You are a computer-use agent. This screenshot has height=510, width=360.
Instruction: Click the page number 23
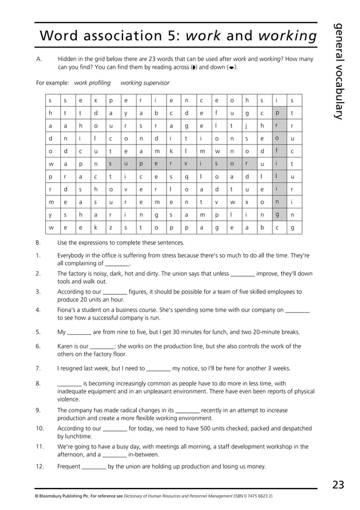pyautogui.click(x=338, y=484)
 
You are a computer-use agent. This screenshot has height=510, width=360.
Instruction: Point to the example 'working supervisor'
pyautogui.click(x=145, y=83)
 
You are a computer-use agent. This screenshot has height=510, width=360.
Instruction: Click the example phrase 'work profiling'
pyautogui.click(x=93, y=83)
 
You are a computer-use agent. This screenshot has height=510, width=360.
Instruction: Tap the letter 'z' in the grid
pyautogui.click(x=111, y=227)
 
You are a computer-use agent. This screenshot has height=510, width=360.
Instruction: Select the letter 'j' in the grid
pyautogui.click(x=247, y=126)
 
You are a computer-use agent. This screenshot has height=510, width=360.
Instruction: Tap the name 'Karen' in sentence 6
pyautogui.click(x=66, y=346)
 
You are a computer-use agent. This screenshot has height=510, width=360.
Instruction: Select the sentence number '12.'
pyautogui.click(x=39, y=467)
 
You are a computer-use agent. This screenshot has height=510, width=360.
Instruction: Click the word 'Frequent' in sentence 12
pyautogui.click(x=69, y=467)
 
